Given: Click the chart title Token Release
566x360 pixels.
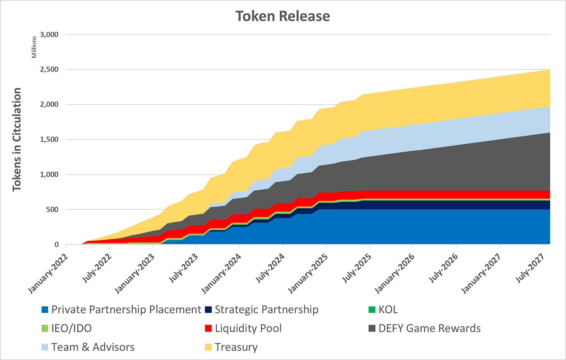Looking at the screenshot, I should pyautogui.click(x=283, y=16).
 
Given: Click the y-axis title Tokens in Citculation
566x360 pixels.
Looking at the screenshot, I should pyautogui.click(x=17, y=139).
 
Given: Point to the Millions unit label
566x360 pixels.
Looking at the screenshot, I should pyautogui.click(x=34, y=46).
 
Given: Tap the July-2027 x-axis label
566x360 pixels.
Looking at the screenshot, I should pyautogui.click(x=532, y=267).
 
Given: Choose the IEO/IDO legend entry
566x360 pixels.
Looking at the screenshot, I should pyautogui.click(x=72, y=328).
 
